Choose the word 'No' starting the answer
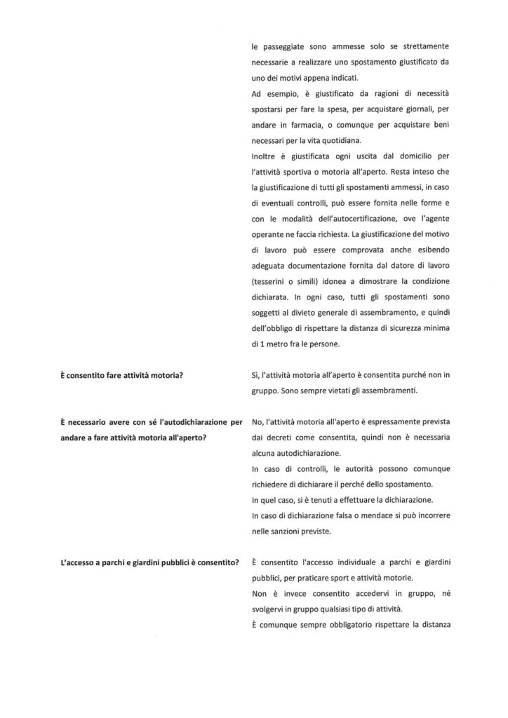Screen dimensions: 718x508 257,422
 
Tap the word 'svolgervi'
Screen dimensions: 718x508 267,609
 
